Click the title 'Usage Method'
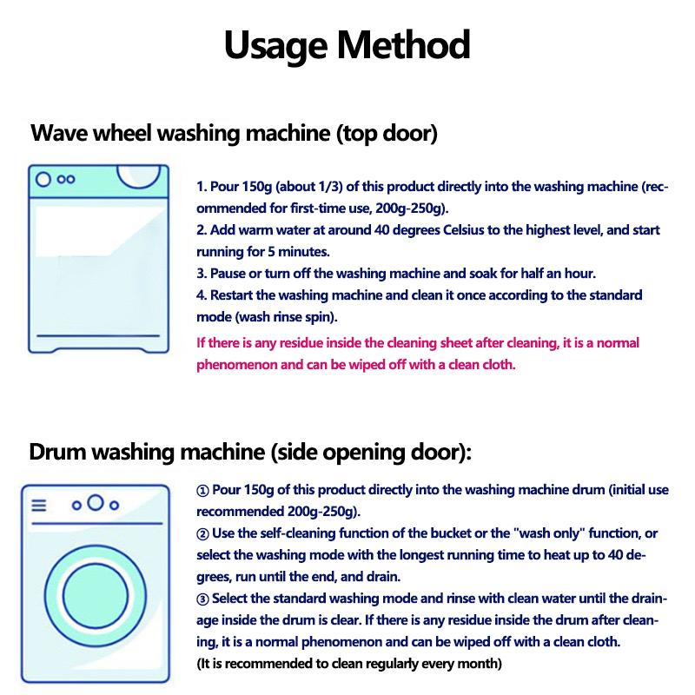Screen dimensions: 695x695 [347, 45]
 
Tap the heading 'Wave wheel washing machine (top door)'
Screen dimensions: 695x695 [234, 135]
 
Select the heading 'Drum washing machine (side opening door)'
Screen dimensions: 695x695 [250, 452]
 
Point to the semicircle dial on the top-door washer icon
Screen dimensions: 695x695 [139, 176]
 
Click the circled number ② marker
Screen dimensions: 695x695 [203, 533]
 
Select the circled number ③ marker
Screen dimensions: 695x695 [203, 599]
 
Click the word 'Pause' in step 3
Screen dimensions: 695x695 [228, 274]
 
